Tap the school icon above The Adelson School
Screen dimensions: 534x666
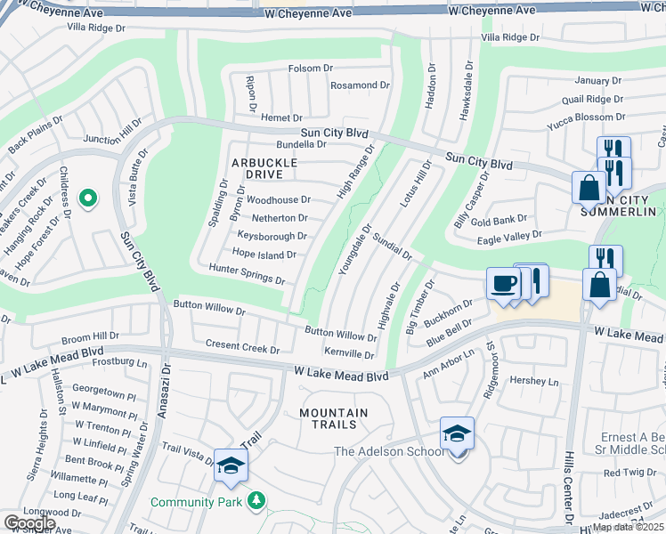coord(457,434)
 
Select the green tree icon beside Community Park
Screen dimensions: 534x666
coord(256,502)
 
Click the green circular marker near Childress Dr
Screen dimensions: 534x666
coord(87,198)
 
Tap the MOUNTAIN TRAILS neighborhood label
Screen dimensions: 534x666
coord(333,418)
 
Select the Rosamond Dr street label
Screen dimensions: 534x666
coord(360,85)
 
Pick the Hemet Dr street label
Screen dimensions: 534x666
coord(282,117)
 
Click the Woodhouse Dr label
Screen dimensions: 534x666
coord(278,200)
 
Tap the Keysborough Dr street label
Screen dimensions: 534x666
coord(272,236)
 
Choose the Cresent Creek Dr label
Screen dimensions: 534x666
coord(242,346)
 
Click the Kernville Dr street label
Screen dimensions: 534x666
coord(349,353)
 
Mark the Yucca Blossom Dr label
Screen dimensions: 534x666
coord(587,117)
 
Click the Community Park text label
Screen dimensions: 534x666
coord(196,503)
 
